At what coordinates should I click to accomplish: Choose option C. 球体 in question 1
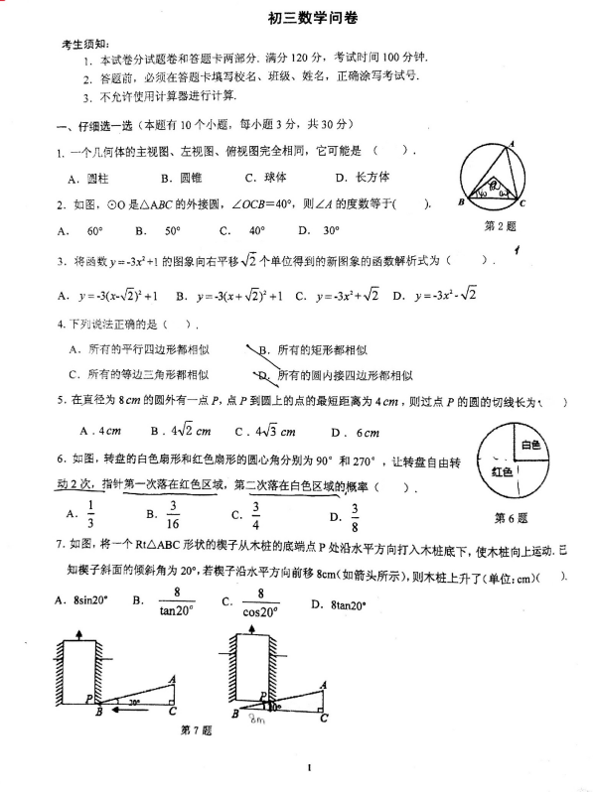(265, 178)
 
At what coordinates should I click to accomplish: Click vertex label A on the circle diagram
(512, 145)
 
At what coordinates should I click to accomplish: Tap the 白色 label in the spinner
(528, 445)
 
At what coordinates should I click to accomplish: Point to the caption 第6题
(511, 517)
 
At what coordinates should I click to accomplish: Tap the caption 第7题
(196, 730)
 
